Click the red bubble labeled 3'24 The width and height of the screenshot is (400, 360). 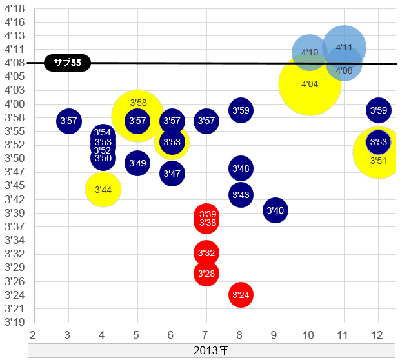coord(241,295)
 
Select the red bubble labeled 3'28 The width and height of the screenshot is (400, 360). coord(206,274)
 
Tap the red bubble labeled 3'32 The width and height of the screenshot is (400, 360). coord(206,252)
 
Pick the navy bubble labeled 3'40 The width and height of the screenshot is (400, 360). coord(275,210)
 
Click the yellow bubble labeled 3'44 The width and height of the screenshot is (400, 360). coord(103,190)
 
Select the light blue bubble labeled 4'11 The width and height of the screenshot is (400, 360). coord(345,46)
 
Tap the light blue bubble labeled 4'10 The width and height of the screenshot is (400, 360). coord(310,52)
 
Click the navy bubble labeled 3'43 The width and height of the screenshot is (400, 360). coord(241,194)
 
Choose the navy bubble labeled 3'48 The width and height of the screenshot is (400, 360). coord(241,168)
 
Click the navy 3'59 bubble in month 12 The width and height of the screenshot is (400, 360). coord(379,110)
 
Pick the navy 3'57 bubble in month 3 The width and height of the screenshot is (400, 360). coord(68,121)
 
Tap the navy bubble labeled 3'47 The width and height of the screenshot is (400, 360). coord(172,173)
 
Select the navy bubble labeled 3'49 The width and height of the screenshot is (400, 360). coord(137,164)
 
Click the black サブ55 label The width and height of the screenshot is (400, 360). coord(68,63)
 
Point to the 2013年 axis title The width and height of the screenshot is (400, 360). coord(211,351)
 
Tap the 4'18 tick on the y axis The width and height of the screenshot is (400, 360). coord(14,9)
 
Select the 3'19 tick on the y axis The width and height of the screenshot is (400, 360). coord(14,322)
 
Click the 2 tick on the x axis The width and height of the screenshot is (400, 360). coord(33,335)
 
